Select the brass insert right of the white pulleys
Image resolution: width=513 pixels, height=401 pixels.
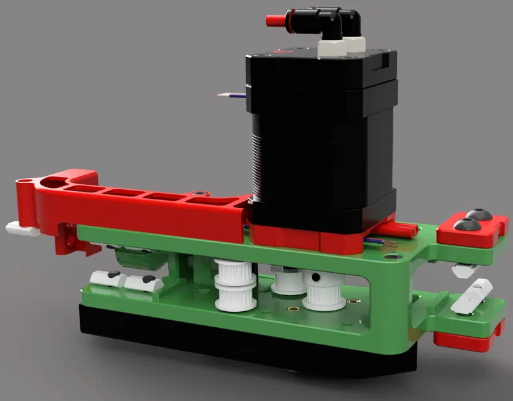[x=352, y=301]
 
